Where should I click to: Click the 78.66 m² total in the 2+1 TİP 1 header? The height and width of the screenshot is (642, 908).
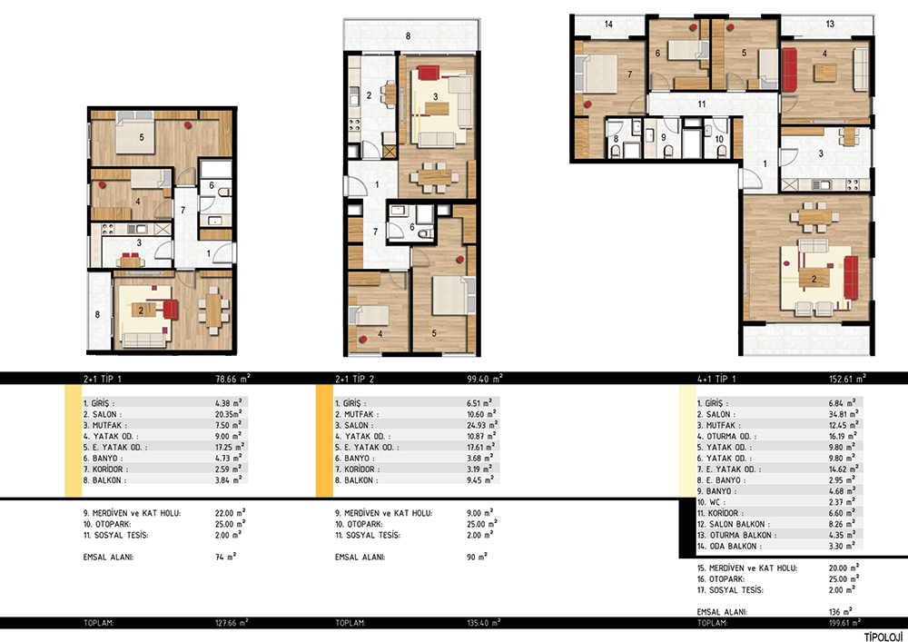point(232,379)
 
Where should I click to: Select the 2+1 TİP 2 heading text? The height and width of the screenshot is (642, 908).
point(354,380)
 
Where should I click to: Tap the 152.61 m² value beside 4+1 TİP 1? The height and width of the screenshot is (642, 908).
point(847,379)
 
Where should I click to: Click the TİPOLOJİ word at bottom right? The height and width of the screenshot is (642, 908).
point(884,637)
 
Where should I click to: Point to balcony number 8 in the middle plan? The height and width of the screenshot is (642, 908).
point(408,36)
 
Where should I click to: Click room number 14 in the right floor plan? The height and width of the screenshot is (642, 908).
point(608,25)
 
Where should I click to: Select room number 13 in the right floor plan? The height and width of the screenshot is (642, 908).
point(830,25)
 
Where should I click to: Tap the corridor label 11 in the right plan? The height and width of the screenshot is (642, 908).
point(701,104)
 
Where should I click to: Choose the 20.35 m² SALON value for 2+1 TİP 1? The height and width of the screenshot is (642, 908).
point(228,414)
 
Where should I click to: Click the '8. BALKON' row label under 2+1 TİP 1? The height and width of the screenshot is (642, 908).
point(104,479)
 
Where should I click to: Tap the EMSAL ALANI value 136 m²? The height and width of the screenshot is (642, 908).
point(840,611)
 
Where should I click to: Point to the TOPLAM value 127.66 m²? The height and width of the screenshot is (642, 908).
point(232,623)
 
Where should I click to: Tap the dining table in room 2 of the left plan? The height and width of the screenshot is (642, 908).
point(213,311)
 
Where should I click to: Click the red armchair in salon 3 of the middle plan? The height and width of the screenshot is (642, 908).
point(428,73)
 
